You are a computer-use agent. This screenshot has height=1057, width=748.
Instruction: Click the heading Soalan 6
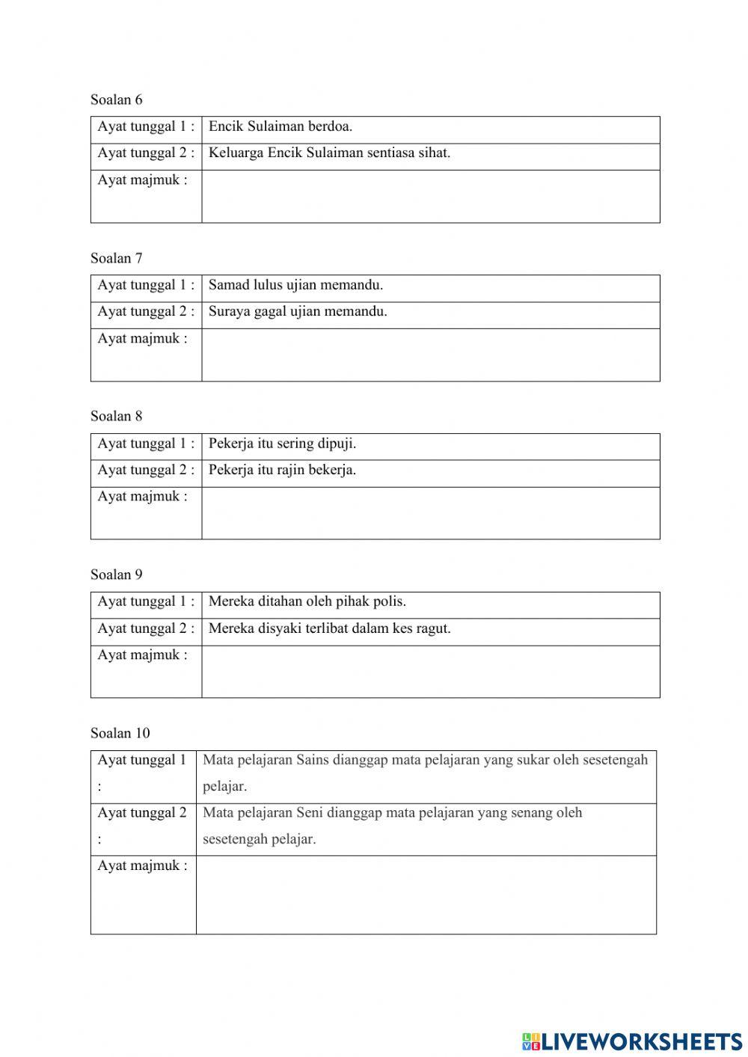116,99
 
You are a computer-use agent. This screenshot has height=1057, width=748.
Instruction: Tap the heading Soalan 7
116,258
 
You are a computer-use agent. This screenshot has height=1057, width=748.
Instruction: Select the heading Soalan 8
116,416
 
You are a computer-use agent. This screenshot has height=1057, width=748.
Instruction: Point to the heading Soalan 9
116,575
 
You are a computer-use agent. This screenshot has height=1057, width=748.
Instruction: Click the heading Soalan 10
120,733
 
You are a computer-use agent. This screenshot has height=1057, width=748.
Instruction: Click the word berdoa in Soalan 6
330,126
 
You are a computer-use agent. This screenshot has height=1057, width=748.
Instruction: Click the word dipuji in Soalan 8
336,444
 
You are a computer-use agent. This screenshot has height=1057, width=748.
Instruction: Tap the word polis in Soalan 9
389,601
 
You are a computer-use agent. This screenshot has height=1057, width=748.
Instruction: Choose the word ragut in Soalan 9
433,628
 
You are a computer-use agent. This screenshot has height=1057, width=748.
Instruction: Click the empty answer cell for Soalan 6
430,196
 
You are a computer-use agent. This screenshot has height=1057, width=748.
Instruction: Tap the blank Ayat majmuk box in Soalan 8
430,513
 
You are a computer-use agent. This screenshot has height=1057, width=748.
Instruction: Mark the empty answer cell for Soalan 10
426,895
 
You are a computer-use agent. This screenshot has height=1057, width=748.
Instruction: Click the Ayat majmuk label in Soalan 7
142,338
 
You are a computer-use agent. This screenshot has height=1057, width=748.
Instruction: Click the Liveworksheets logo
631,1041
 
